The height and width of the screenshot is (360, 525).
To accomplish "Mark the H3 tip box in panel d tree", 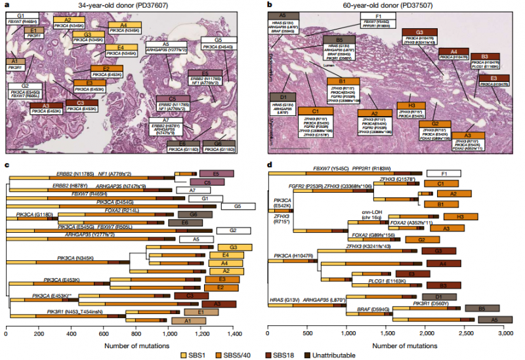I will click(456, 216).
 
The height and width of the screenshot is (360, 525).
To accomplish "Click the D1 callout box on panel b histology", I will click(283, 96).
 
